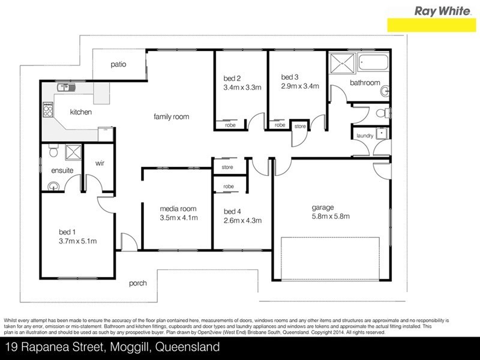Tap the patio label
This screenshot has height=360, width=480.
118,64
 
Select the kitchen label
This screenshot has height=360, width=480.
80,112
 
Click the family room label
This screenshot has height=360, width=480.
171,116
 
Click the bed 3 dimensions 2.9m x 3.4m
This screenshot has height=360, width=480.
299,86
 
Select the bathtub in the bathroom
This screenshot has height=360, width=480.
373,62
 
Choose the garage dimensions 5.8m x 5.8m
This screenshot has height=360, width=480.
331,217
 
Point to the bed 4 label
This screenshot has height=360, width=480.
233,211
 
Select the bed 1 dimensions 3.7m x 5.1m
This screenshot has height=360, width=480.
77,241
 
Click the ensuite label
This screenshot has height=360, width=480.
62,170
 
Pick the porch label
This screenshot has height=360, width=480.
138,283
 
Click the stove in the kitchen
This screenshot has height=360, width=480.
46,110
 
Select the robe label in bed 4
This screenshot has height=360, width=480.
229,187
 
